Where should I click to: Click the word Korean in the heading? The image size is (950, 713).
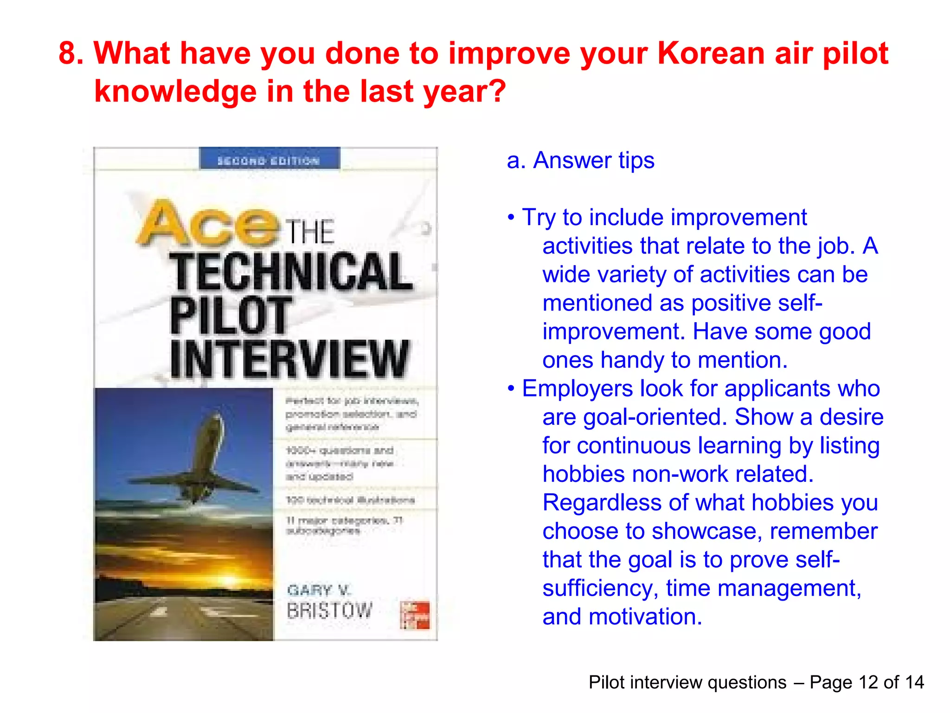click(x=710, y=53)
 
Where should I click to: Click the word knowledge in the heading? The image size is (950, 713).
click(x=175, y=91)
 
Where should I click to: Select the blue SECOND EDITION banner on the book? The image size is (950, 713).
click(x=269, y=159)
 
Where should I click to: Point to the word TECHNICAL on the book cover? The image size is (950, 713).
click(x=291, y=272)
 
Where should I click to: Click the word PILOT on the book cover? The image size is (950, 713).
click(x=230, y=316)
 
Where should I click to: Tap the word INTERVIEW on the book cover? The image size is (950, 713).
click(x=289, y=358)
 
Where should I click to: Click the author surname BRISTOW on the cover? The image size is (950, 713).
click(x=329, y=610)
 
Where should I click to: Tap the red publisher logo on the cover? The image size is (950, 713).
click(x=415, y=615)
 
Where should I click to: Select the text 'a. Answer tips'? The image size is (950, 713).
click(x=580, y=161)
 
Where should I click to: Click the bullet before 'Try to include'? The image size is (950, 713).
click(x=511, y=217)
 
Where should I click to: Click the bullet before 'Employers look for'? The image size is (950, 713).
click(x=511, y=389)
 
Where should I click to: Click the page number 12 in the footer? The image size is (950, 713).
click(x=868, y=682)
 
